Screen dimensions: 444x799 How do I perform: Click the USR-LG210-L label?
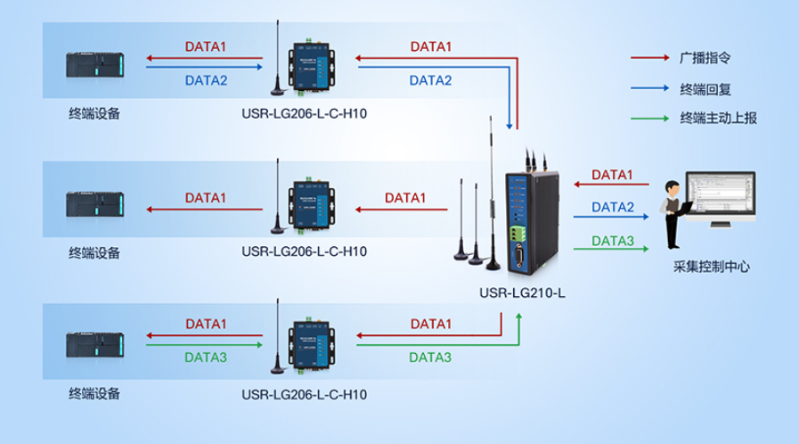523,292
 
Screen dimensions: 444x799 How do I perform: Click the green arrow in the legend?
649,118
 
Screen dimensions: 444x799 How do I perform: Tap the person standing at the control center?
674,214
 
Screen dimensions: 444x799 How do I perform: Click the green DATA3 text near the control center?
613,241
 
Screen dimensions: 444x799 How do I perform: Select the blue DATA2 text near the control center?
613,207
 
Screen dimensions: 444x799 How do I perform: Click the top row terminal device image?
95,66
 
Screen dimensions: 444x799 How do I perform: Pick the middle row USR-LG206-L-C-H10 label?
304,251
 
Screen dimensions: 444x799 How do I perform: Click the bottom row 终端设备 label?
94,393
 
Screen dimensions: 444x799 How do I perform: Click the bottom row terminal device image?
95,346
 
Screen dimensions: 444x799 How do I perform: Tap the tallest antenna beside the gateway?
491,192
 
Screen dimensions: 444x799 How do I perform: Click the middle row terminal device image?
95,205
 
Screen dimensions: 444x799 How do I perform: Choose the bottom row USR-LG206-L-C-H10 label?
304,393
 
